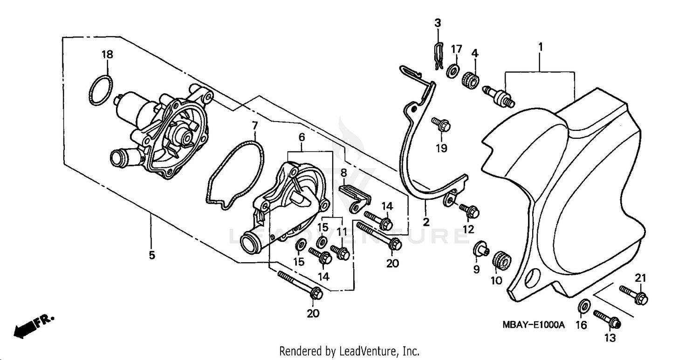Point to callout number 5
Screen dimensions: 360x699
(x=152, y=255)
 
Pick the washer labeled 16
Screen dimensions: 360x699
(x=583, y=306)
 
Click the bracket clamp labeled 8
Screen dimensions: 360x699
(x=354, y=195)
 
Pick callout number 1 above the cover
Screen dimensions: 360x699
(x=540, y=48)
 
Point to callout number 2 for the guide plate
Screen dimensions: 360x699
(x=426, y=221)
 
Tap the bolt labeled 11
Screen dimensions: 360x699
(x=341, y=252)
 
